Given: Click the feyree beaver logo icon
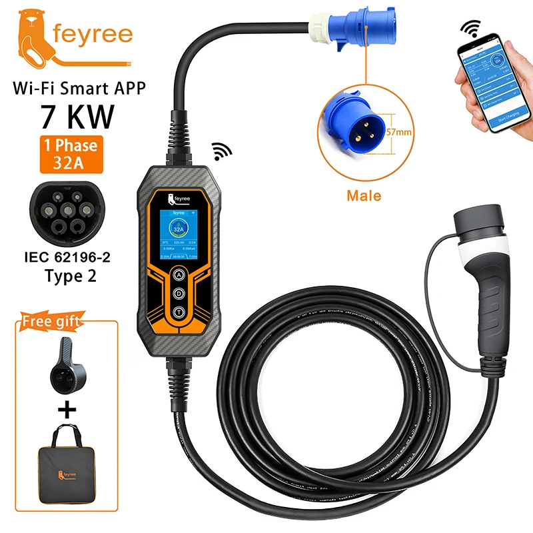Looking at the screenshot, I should pyautogui.click(x=31, y=37).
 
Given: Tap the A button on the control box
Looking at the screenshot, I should pyautogui.click(x=180, y=274).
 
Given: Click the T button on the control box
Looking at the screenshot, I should pyautogui.click(x=180, y=312).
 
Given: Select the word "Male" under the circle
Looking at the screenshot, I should pyautogui.click(x=364, y=196).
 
